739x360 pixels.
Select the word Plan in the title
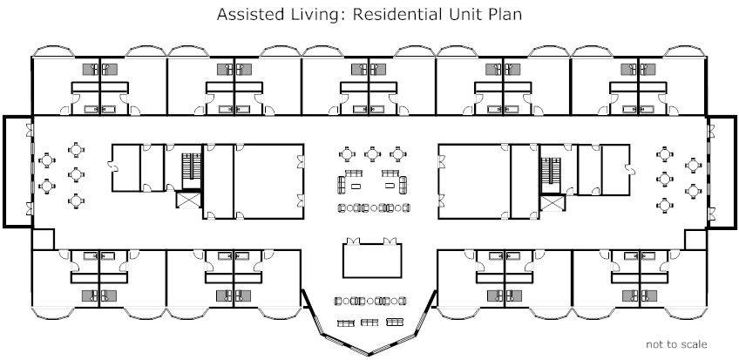[x=505, y=15]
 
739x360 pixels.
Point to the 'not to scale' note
[x=676, y=344]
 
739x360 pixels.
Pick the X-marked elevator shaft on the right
[x=552, y=202]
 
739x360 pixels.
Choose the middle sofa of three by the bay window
[x=370, y=323]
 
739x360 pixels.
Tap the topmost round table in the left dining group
[x=77, y=150]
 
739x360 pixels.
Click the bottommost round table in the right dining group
[x=666, y=204]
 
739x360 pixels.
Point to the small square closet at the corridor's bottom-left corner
[x=43, y=239]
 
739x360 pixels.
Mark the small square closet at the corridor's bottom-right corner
[x=695, y=239]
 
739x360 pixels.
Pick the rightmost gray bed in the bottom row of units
[x=647, y=295]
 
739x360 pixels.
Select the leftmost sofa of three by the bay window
[x=344, y=323]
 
